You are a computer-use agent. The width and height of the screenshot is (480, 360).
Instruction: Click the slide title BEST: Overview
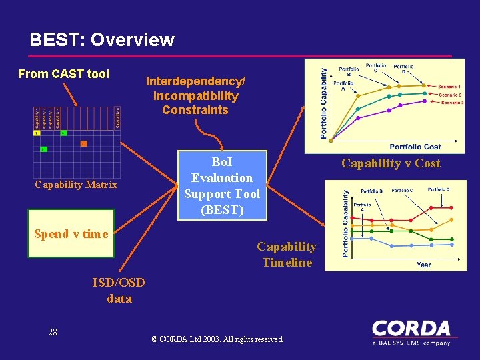click(102, 40)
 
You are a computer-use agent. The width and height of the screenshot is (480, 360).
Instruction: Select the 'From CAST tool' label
click(63, 74)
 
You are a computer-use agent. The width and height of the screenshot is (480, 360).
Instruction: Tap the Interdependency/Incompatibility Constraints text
click(195, 95)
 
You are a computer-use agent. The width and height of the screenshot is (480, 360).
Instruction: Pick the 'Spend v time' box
click(71, 234)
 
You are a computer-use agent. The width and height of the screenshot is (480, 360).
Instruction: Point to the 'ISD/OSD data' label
click(119, 291)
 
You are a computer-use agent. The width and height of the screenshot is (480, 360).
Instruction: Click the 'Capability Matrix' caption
click(76, 185)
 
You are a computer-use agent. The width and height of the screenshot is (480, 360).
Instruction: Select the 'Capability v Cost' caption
click(391, 163)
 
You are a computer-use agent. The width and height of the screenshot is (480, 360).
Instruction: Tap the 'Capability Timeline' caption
click(287, 254)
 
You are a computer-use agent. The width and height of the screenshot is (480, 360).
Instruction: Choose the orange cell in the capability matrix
click(83, 143)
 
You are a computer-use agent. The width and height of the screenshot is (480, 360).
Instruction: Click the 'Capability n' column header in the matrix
click(117, 117)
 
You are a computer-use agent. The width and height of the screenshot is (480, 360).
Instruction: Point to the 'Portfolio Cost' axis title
click(415, 147)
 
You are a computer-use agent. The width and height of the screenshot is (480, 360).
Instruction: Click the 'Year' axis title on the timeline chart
click(423, 265)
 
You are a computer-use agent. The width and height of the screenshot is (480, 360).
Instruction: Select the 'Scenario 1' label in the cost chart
click(450, 87)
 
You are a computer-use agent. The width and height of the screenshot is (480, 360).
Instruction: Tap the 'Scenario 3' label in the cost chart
click(451, 103)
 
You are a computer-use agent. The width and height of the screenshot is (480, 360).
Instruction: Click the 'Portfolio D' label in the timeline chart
click(438, 189)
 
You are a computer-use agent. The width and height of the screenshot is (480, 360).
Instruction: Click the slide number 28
click(53, 332)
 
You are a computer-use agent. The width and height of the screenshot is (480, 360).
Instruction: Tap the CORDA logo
click(411, 331)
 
